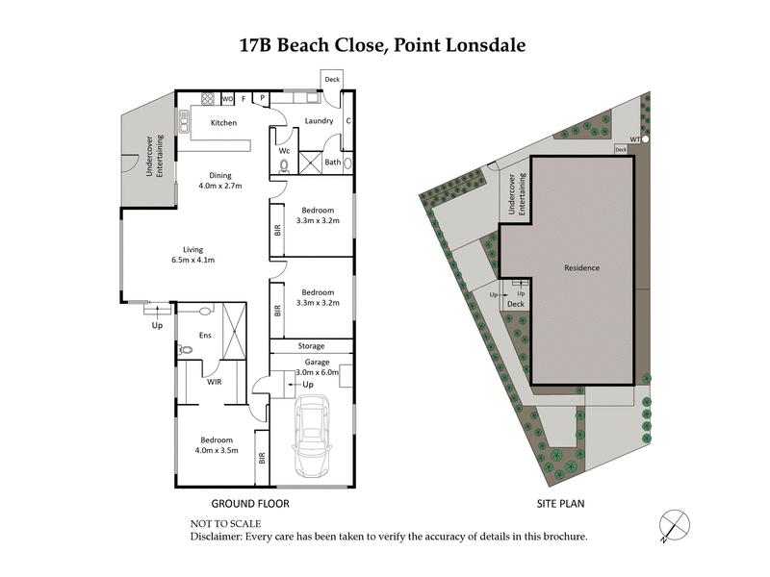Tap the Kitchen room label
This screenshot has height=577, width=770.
click(x=224, y=123)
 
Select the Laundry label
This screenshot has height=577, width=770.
click(x=319, y=121)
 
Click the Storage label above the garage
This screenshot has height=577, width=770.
click(x=311, y=346)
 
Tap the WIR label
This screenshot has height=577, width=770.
click(x=216, y=382)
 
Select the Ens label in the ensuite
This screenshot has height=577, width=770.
click(x=204, y=335)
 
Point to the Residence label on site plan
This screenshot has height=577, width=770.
click(x=581, y=268)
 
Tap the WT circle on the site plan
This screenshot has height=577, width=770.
click(x=645, y=139)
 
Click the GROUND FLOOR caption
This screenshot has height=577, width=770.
click(x=249, y=503)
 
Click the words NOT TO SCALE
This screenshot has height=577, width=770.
click(x=227, y=523)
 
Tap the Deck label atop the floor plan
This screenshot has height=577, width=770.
click(x=332, y=80)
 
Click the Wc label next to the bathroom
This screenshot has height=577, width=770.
click(x=284, y=151)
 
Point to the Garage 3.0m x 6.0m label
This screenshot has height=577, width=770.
click(x=311, y=367)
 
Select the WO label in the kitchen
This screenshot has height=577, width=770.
click(x=228, y=98)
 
